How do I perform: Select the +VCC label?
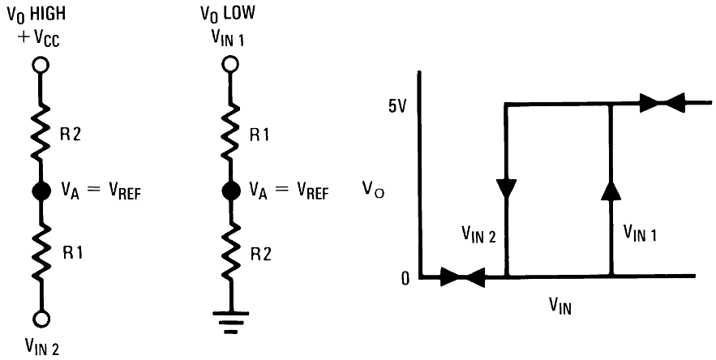38,38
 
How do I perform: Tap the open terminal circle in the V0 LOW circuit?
230,64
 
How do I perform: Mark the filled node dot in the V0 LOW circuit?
230,192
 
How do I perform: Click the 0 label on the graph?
393,278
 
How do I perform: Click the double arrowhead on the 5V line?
660,103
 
